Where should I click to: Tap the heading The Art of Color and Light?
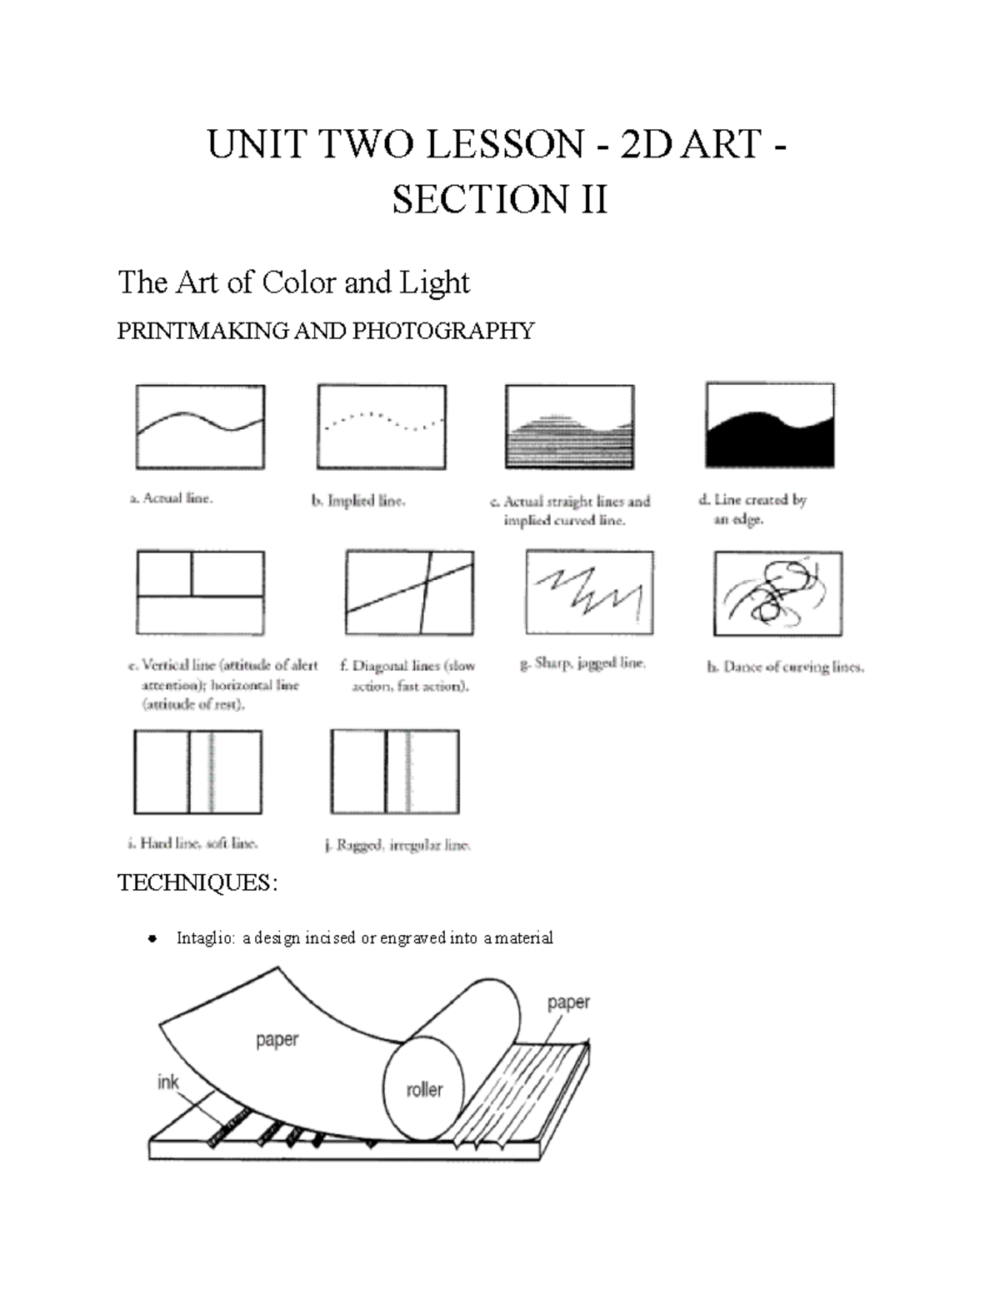point(293,282)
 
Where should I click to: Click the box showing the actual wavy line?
point(200,427)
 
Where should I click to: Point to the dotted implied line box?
point(382,427)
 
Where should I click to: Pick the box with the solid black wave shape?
point(769,426)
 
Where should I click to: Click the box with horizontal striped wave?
point(570,427)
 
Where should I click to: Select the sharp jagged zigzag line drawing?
point(589,592)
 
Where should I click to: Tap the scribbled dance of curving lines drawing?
point(777,593)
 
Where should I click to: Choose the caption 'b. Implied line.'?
point(358,502)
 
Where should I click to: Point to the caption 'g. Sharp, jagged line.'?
point(582,664)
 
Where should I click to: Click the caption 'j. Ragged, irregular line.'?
point(397,845)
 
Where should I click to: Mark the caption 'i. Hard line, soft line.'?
point(192,843)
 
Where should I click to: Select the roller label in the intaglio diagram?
point(424,1089)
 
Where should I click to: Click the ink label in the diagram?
point(168,1082)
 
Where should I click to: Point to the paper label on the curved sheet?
point(277,1040)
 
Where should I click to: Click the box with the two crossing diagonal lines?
point(409,592)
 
